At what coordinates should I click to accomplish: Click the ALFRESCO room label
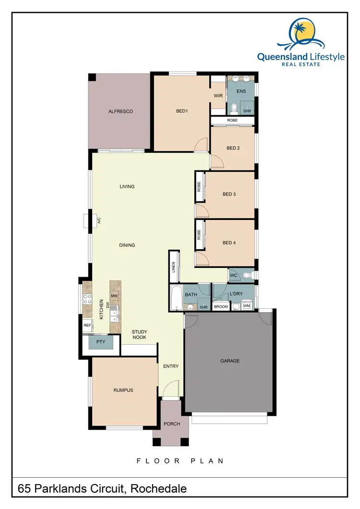[120, 111]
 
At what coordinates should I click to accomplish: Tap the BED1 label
[181, 111]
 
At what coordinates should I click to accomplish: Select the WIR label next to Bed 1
[218, 96]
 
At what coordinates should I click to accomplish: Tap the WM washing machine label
[246, 306]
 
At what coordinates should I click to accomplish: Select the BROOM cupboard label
[221, 306]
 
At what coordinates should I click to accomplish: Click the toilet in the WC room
[246, 276]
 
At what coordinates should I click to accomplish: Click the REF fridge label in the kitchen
[87, 325]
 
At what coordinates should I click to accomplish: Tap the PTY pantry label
[101, 342]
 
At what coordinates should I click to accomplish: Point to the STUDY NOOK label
[139, 335]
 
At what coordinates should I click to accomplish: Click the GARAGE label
[230, 361]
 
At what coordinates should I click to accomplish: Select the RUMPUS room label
[123, 390]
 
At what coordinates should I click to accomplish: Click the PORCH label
[171, 424]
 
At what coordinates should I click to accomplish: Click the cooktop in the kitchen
[88, 299]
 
